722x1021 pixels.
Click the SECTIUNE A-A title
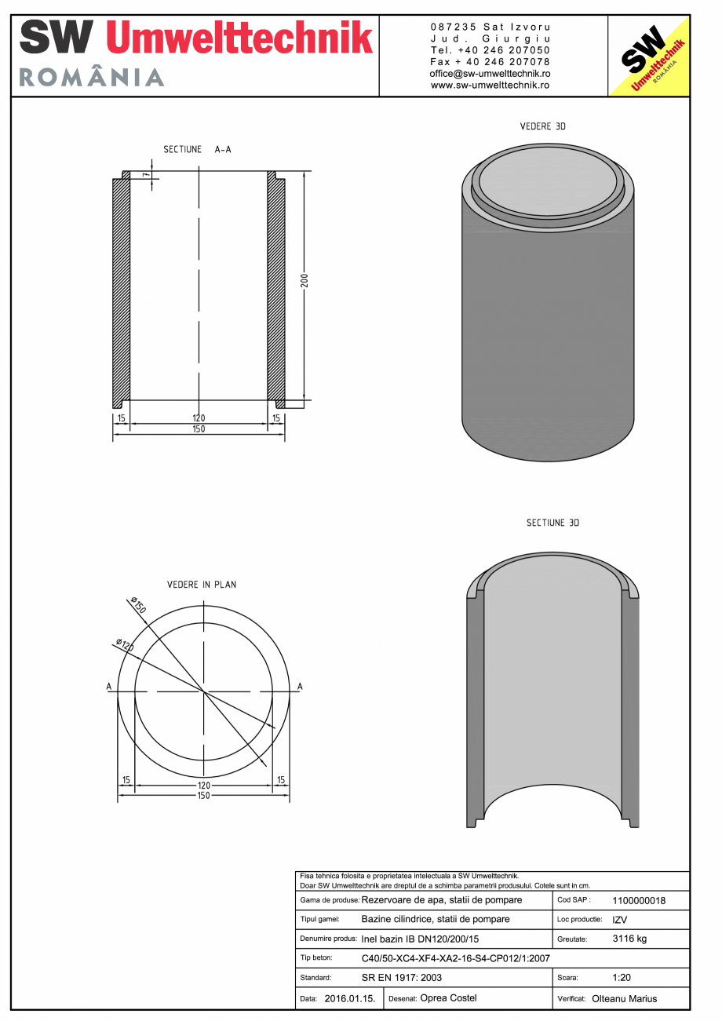coord(197,149)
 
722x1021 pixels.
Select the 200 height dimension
coord(305,280)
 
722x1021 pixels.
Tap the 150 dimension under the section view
coord(199,429)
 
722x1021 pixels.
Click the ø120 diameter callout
coord(124,646)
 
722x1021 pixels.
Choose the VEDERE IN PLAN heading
coord(202,585)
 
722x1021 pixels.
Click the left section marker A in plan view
coord(109,687)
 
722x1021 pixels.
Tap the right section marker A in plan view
coord(300,687)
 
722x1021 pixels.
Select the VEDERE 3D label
coord(543,126)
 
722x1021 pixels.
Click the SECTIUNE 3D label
coord(552,523)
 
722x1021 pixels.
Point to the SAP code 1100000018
coord(638,901)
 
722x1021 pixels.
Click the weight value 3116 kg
coord(629,939)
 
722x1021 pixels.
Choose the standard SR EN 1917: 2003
coord(402,978)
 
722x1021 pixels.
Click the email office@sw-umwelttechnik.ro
coord(490,73)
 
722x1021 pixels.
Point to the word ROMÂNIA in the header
coord(92,77)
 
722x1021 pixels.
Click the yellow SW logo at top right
coord(649,56)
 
